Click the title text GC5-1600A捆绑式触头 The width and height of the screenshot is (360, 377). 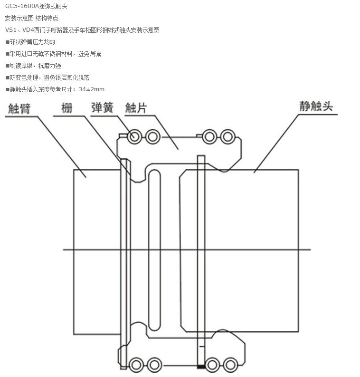[x=33, y=6]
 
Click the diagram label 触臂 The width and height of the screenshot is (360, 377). [x=19, y=109]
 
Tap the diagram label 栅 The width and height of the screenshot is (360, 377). [x=67, y=108]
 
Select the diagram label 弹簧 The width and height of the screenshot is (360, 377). [x=102, y=108]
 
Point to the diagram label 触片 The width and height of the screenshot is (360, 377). [x=136, y=108]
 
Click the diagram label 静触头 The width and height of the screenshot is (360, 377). [x=316, y=106]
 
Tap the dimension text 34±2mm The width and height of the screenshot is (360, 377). [x=91, y=89]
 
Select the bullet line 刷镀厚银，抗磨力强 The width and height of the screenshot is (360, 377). [x=35, y=66]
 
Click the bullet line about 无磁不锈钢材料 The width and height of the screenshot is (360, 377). [x=55, y=54]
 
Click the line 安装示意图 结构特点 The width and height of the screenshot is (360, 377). [x=32, y=18]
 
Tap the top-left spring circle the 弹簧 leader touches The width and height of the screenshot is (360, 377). [x=133, y=137]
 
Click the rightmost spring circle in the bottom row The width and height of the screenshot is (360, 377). [x=230, y=365]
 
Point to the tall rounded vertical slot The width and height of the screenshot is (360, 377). [x=154, y=249]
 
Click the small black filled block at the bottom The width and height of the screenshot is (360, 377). [x=200, y=367]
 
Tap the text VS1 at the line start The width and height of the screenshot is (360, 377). [x=10, y=30]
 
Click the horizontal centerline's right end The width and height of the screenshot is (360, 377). [x=310, y=250]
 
